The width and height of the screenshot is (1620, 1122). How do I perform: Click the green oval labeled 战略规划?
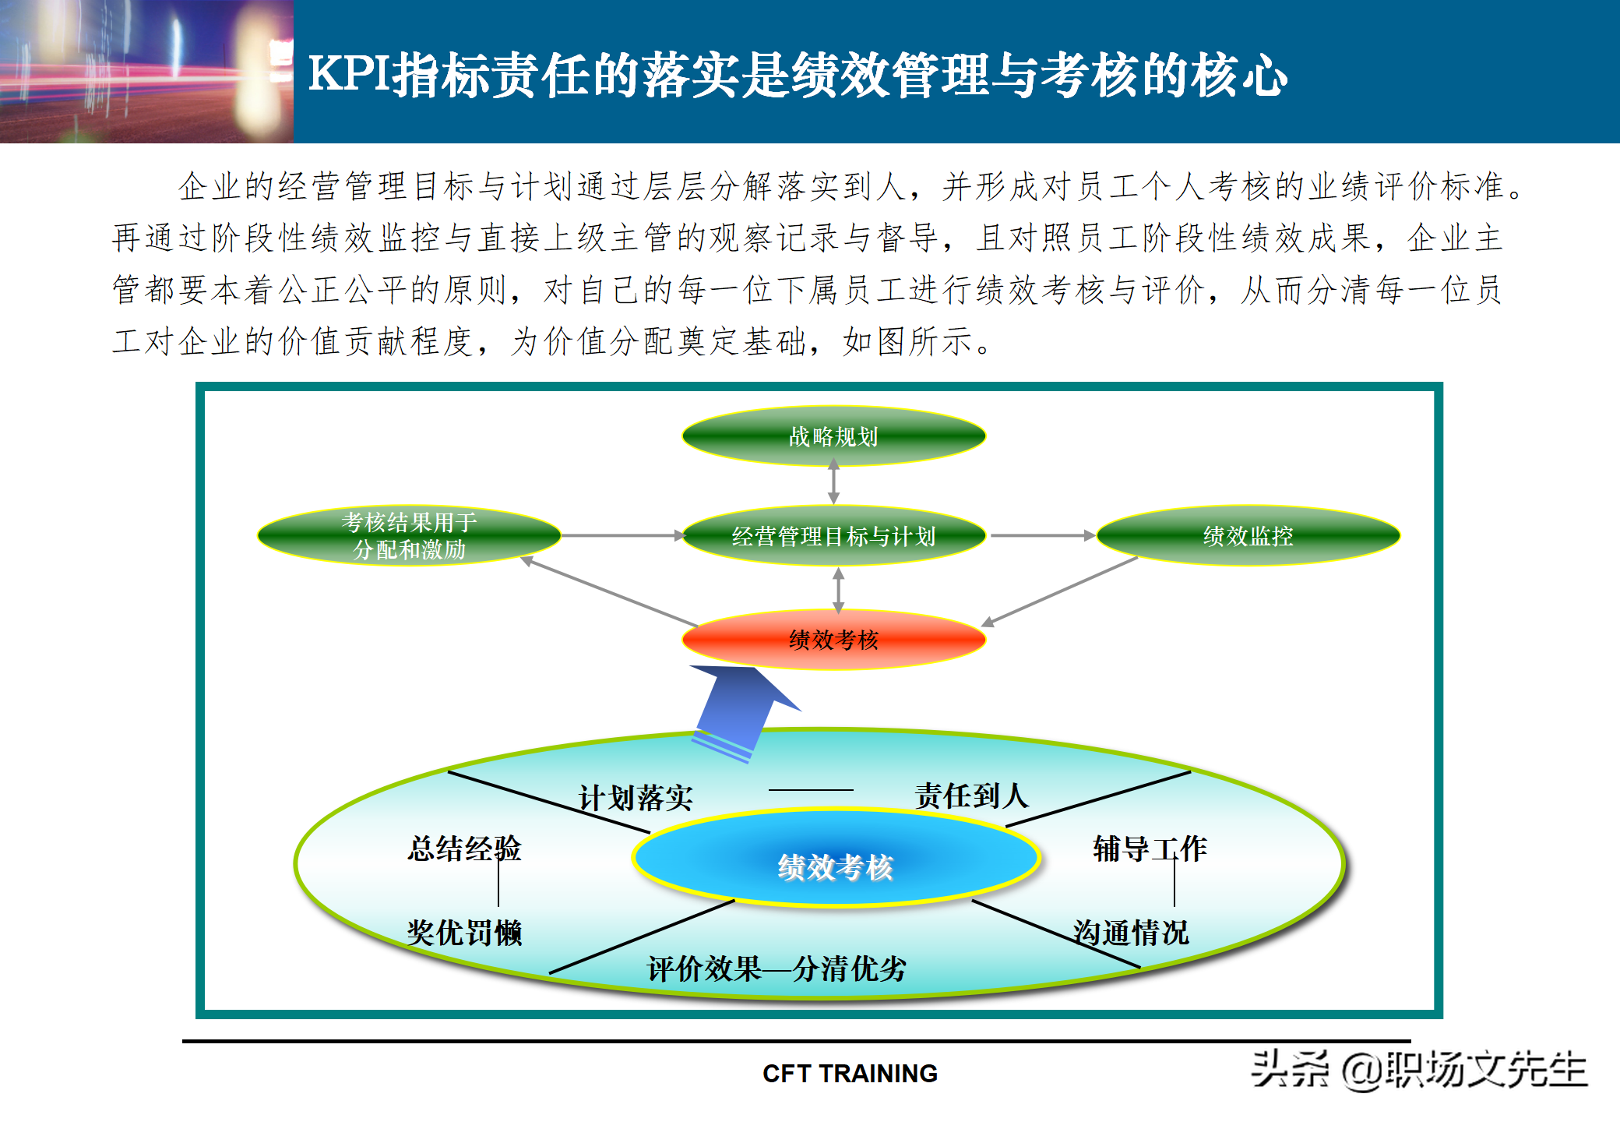click(x=833, y=436)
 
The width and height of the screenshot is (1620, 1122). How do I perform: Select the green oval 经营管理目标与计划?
click(x=833, y=536)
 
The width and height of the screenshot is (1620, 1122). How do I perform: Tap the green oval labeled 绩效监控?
click(x=1248, y=536)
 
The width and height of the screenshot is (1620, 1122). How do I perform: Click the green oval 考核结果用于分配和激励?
click(x=409, y=536)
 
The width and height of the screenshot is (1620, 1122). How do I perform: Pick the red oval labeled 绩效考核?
click(x=833, y=640)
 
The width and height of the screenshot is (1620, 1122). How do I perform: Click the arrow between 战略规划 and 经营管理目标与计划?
click(x=833, y=482)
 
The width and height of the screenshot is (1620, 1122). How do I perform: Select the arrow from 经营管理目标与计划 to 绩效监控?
click(x=1042, y=536)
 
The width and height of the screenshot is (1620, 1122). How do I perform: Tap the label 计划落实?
click(x=636, y=798)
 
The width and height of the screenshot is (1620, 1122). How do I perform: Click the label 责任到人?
click(x=971, y=796)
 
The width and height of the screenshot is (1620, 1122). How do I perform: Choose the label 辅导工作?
click(x=1150, y=849)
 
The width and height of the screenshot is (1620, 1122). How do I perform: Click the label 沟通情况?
click(x=1131, y=933)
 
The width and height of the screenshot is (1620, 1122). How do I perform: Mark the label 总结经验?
click(x=464, y=849)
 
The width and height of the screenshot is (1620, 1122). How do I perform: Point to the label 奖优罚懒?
click(x=464, y=933)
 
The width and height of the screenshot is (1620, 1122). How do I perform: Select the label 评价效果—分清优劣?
click(x=777, y=969)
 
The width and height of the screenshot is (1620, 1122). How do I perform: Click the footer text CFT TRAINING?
click(x=850, y=1074)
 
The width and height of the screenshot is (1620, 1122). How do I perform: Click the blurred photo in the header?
click(x=146, y=72)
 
